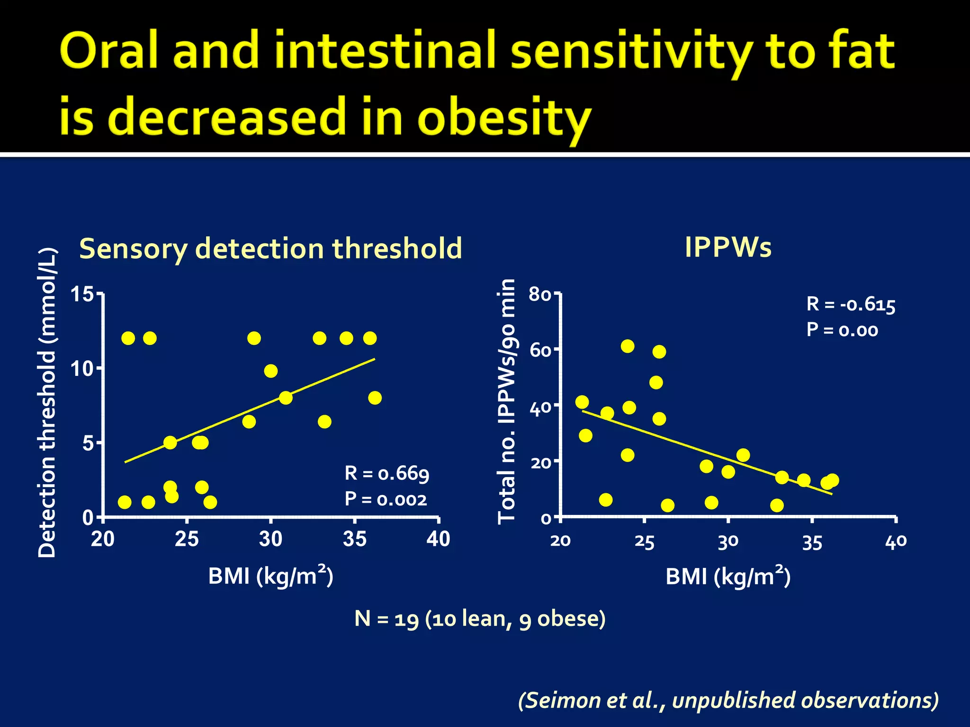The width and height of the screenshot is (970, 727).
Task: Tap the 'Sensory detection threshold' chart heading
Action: tap(270, 248)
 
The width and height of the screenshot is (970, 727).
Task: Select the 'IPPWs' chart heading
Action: tap(728, 247)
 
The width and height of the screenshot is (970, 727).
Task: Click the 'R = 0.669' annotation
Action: tap(386, 473)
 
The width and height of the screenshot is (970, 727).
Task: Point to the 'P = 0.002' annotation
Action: tap(386, 499)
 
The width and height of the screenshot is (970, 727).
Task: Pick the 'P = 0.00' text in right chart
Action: tap(842, 329)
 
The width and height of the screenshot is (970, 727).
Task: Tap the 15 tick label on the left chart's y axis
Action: tap(82, 294)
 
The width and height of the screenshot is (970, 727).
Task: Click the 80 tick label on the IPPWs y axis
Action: tap(540, 294)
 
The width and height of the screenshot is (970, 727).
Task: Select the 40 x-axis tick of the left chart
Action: tap(438, 539)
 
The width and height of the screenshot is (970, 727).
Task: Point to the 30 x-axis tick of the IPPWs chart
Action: tap(728, 541)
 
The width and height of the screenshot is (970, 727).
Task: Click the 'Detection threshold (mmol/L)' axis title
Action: tap(47, 402)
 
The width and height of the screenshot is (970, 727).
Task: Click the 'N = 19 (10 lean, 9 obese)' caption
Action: tap(480, 619)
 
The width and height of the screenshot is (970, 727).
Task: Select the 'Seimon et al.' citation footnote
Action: tap(728, 700)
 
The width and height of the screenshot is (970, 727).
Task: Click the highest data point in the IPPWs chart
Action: tap(628, 346)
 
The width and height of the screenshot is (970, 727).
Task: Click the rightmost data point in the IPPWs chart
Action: tap(832, 480)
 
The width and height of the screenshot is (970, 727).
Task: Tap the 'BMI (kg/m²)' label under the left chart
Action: tap(270, 576)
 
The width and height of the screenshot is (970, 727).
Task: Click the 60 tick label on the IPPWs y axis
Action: tap(540, 350)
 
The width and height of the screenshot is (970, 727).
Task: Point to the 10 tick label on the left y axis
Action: tap(82, 369)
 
